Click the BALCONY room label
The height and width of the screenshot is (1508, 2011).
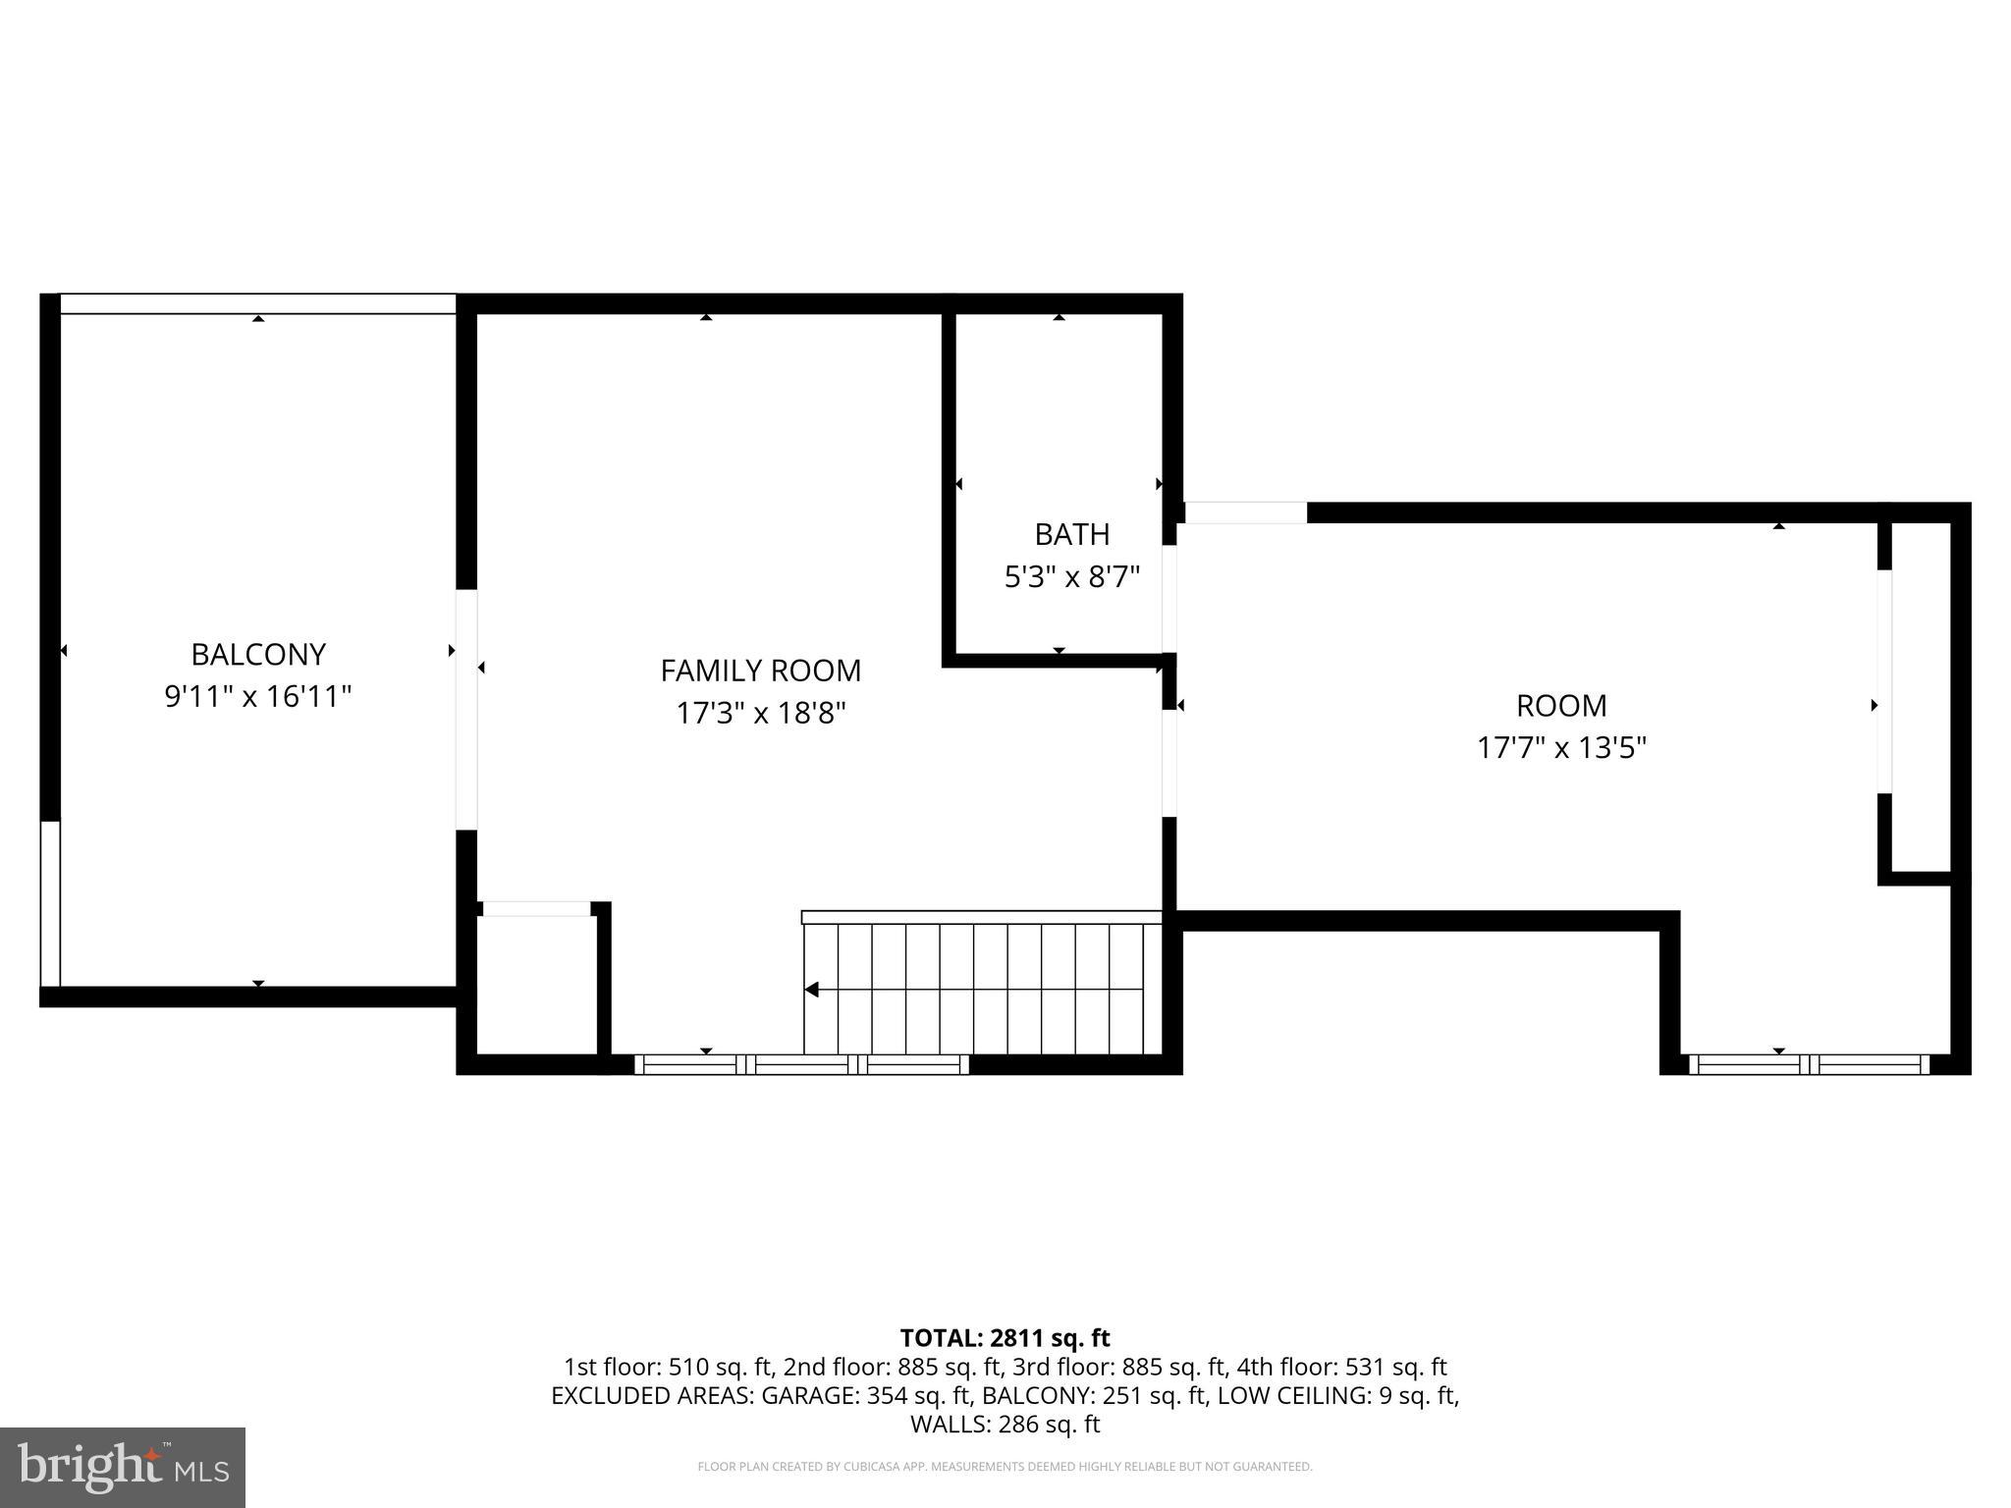257,654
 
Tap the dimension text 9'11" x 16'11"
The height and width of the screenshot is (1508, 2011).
257,697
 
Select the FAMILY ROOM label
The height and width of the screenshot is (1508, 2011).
760,671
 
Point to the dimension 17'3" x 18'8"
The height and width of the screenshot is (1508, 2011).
760,713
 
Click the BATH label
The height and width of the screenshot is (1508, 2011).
1071,534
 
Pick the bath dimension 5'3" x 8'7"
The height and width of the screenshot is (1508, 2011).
1071,577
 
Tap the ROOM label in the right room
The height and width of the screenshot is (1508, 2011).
1560,706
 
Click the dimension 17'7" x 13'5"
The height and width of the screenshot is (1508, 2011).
1560,748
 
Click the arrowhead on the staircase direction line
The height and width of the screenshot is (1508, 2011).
812,990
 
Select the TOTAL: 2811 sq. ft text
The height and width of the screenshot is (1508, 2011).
1005,1338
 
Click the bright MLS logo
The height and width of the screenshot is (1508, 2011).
123,1467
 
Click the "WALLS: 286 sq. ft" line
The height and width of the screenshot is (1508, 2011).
1005,1424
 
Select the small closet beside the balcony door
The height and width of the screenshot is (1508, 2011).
536,985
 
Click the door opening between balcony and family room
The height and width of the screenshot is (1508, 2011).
466,709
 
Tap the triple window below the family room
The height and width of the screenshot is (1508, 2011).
801,1064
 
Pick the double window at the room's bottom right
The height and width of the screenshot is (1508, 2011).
1808,1064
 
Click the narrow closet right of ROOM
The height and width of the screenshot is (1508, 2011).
1920,697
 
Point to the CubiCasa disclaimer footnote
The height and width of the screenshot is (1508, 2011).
1005,1467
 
